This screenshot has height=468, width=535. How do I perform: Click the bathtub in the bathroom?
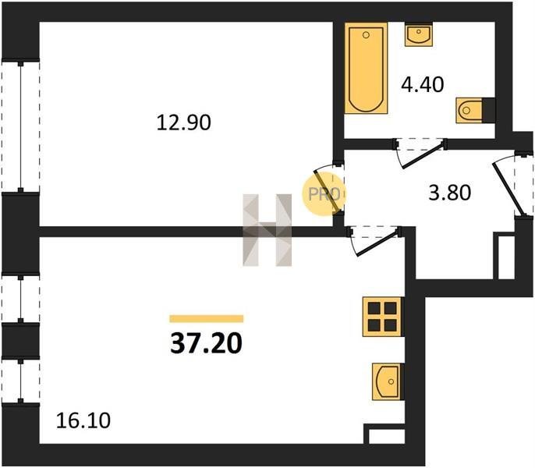coord(366,68)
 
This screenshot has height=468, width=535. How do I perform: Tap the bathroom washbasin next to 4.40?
coord(419,34)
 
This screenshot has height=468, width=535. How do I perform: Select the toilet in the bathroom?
coord(469,110)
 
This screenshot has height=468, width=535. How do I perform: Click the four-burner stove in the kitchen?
coord(382,317)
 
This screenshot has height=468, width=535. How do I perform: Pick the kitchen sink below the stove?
coord(386,381)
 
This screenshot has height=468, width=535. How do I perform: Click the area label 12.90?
coord(183,123)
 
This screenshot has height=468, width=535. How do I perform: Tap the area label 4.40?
coord(423,85)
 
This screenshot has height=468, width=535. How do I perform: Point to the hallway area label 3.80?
coord(450,193)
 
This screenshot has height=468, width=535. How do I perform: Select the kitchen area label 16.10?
coord(83,420)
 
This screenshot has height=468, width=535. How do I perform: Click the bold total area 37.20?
coord(207,343)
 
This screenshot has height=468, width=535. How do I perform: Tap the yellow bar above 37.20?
coord(207,319)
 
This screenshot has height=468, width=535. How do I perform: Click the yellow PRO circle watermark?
coord(323,194)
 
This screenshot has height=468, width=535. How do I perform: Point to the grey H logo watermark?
coord(267,230)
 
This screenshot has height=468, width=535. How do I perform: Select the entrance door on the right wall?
coord(507,189)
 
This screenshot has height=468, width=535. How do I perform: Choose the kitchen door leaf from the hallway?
coord(377,243)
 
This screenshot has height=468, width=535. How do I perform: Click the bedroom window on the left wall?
coord(21,126)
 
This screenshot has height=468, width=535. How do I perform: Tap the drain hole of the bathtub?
coord(366,35)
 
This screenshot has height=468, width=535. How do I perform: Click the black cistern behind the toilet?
coord(488,109)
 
